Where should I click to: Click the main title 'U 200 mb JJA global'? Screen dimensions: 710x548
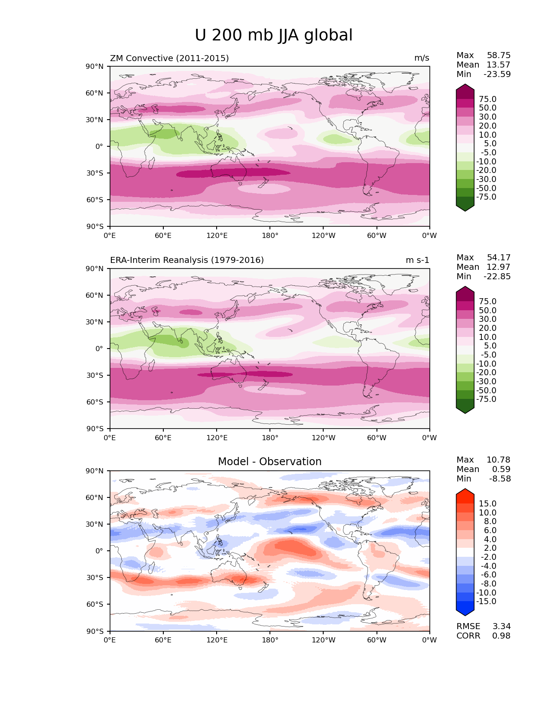pyautogui.click(x=273, y=35)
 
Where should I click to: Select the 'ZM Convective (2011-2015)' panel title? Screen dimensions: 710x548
pyautogui.click(x=169, y=58)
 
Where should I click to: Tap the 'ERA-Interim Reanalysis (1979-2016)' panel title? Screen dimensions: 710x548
pyautogui.click(x=187, y=260)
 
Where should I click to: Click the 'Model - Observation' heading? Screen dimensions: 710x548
pyautogui.click(x=269, y=462)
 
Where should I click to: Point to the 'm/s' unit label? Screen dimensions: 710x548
pyautogui.click(x=422, y=58)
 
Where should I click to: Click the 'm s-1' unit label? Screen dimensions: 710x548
pyautogui.click(x=417, y=260)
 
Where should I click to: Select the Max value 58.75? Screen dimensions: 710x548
pyautogui.click(x=499, y=56)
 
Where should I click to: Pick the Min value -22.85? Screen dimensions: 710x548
pyautogui.click(x=497, y=277)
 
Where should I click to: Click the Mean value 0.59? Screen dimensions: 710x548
pyautogui.click(x=501, y=469)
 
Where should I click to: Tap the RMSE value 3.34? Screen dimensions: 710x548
pyautogui.click(x=501, y=627)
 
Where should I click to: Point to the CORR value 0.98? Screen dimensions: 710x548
pyautogui.click(x=501, y=636)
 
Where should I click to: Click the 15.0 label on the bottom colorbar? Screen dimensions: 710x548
pyautogui.click(x=487, y=504)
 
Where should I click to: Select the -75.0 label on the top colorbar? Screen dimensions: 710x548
pyautogui.click(x=486, y=197)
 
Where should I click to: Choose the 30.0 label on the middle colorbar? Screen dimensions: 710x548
pyautogui.click(x=487, y=319)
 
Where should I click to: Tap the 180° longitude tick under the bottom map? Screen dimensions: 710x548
pyautogui.click(x=270, y=640)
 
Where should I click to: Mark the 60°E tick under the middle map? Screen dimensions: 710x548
pyautogui.click(x=163, y=438)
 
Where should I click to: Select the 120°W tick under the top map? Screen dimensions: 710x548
pyautogui.click(x=323, y=236)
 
